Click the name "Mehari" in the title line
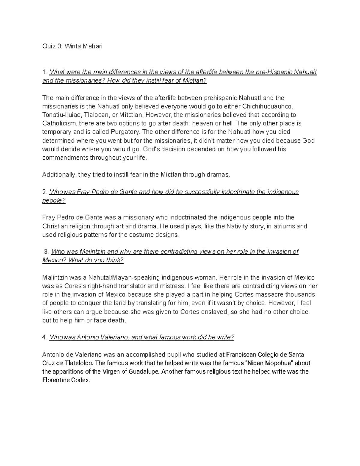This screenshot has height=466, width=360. pos(92,47)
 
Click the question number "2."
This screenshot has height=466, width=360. pos(45,192)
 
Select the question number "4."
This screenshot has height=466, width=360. pos(45,337)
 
